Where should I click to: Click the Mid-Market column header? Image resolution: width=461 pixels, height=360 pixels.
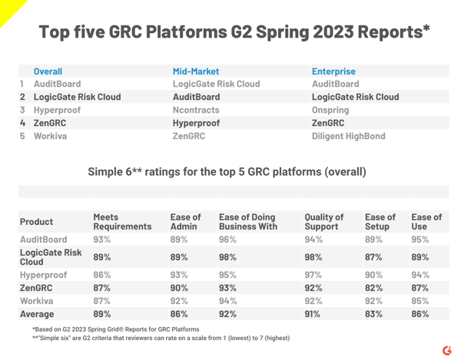196,71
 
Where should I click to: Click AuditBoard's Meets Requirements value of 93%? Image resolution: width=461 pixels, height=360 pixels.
102,239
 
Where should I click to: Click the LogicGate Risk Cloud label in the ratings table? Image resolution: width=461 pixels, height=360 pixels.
48,256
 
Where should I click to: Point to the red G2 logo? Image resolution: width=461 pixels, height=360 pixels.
446,350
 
